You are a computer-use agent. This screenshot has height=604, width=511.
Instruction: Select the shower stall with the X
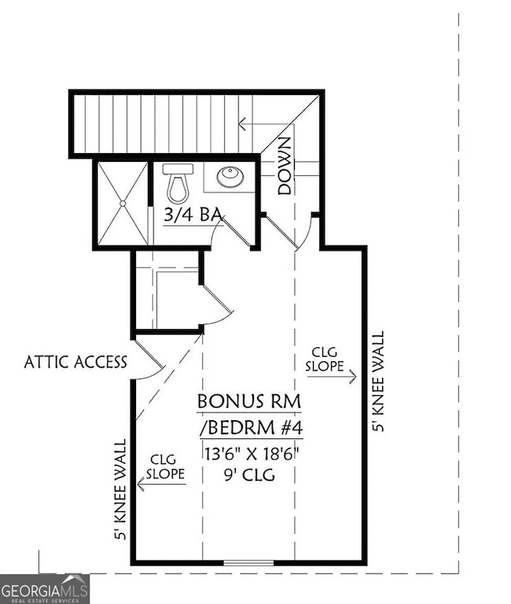click(121, 203)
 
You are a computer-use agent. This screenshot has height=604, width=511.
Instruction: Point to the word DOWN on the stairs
click(285, 166)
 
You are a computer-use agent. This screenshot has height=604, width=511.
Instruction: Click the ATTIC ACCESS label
click(75, 362)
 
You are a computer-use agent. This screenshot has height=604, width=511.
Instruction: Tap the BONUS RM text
click(249, 401)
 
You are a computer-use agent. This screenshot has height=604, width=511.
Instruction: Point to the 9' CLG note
click(249, 474)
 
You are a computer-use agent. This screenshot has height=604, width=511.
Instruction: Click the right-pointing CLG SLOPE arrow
click(331, 376)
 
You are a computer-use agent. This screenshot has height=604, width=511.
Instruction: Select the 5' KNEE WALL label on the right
click(379, 382)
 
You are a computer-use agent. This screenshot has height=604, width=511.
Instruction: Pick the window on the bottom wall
click(248, 562)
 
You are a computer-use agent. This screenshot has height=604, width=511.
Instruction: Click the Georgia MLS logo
click(45, 588)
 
